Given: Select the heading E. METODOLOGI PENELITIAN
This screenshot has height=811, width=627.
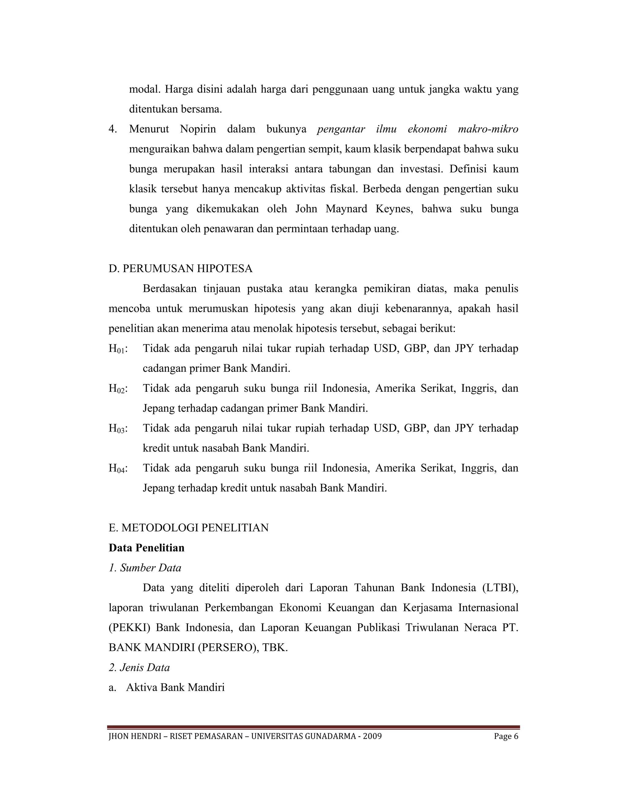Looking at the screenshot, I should coord(188,528).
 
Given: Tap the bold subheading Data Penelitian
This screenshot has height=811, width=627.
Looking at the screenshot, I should coord(146,548).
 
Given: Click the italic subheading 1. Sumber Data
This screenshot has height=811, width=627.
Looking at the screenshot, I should coord(145,568).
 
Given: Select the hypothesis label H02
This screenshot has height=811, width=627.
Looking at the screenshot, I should coord(117,389).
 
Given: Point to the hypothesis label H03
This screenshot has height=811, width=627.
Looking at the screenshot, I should coord(117,428).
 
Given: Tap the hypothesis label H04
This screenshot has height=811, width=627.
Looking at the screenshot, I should coord(117,468).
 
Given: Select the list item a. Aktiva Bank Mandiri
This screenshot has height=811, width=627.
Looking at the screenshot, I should coord(167,687).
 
